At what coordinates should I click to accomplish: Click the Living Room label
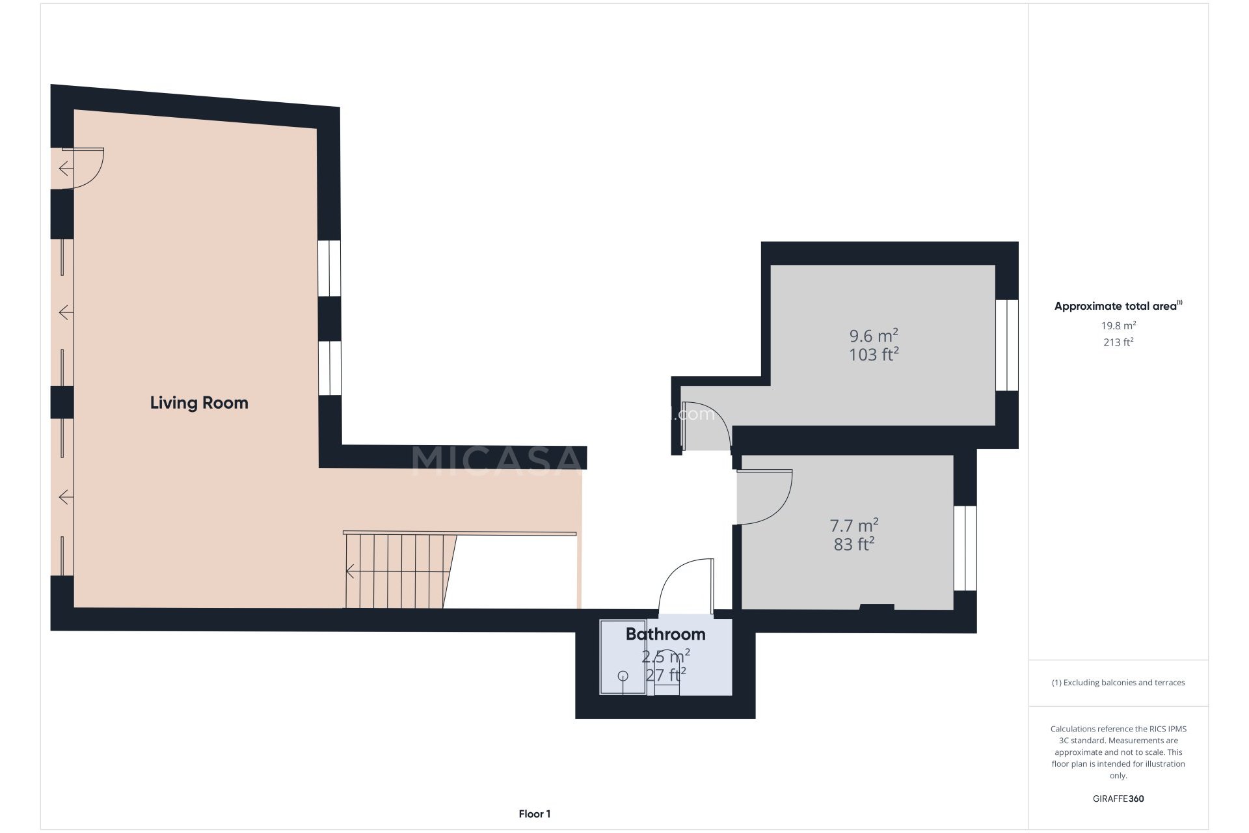[199, 403]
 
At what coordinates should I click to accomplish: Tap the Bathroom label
[665, 634]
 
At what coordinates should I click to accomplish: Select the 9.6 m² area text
[874, 336]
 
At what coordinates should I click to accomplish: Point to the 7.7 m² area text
[853, 525]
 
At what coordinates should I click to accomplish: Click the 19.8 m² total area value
[1118, 325]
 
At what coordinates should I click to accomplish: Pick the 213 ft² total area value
[1118, 342]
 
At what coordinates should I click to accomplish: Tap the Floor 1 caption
[535, 813]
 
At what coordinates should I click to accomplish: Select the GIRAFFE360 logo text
[1118, 799]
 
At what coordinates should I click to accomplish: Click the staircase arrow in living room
[351, 571]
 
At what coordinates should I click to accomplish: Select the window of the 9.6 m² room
[1006, 345]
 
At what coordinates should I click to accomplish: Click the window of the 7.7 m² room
[965, 548]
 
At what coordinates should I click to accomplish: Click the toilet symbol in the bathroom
[666, 680]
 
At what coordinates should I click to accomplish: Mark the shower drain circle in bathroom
[623, 676]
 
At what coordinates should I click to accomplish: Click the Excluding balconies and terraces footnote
[1118, 683]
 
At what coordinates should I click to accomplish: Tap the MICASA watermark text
[494, 459]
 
